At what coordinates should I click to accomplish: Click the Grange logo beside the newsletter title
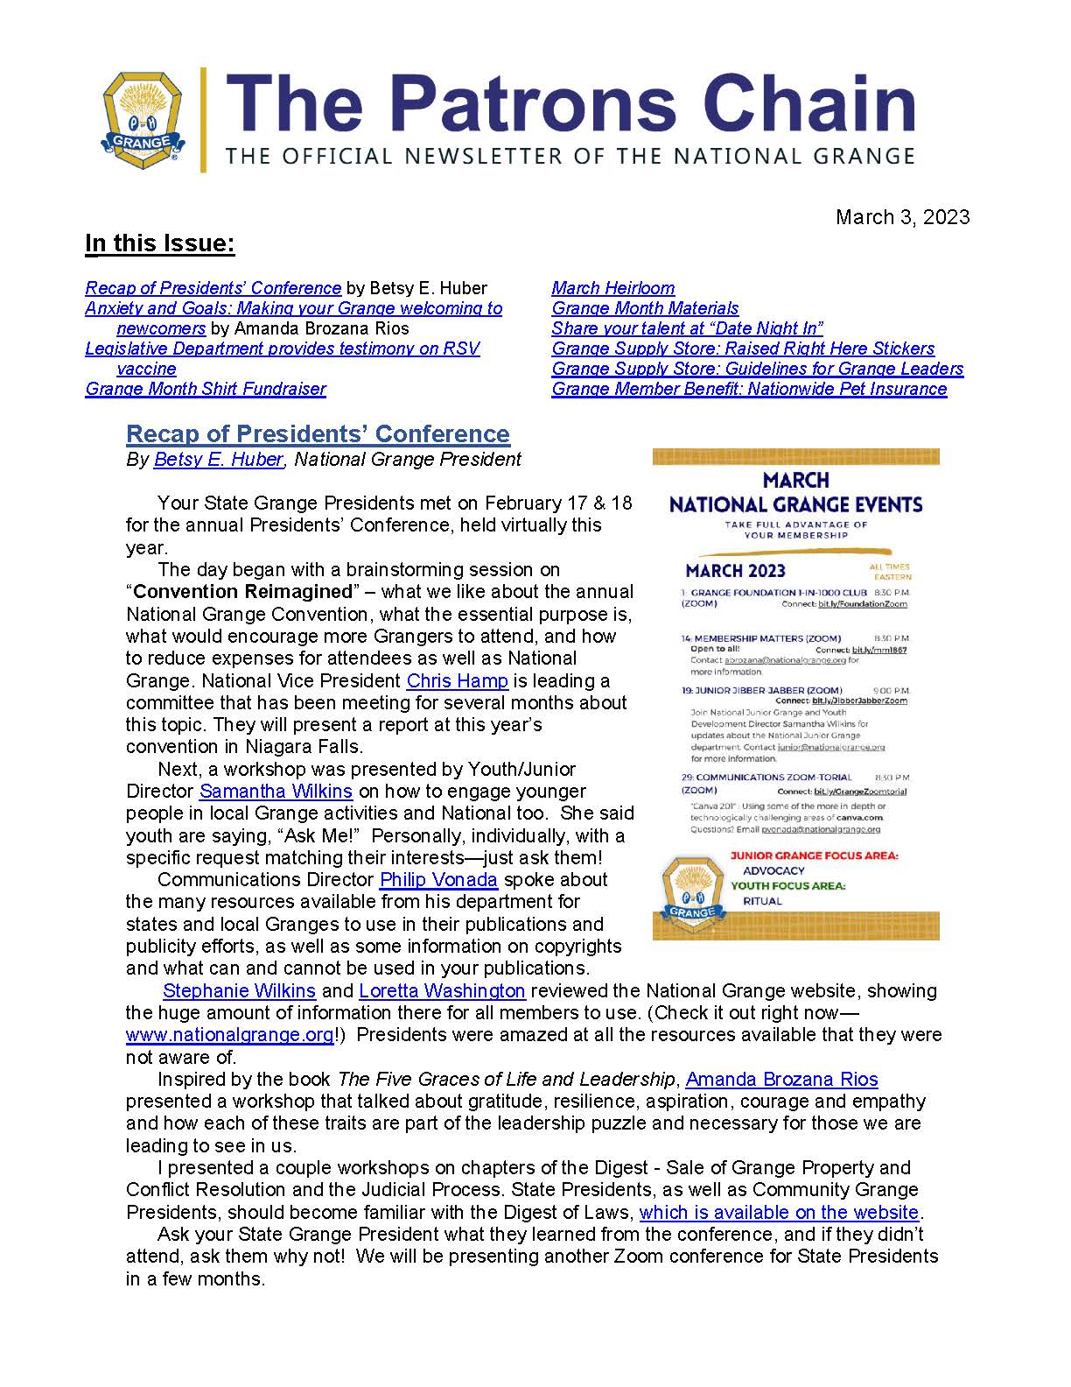click(x=142, y=120)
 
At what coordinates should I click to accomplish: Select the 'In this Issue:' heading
click(x=159, y=243)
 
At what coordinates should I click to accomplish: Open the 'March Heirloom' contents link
click(x=612, y=288)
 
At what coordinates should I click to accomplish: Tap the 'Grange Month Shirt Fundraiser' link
click(x=206, y=389)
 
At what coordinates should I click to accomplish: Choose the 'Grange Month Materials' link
click(x=645, y=308)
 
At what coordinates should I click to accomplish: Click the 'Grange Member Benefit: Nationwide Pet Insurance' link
click(x=749, y=389)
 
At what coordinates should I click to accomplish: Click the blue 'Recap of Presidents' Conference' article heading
click(x=318, y=434)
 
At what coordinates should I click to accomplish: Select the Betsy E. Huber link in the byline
click(x=218, y=459)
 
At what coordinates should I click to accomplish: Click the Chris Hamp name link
click(x=457, y=680)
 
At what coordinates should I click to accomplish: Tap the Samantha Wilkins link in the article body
click(x=276, y=791)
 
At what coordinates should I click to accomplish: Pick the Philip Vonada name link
click(x=438, y=879)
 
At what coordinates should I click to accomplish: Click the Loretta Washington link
click(x=442, y=990)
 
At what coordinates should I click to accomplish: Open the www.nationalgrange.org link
click(x=229, y=1035)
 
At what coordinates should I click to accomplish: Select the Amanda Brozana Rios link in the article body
click(x=781, y=1079)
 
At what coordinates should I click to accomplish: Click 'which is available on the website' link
click(x=779, y=1212)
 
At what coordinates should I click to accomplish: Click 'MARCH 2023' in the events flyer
click(x=735, y=571)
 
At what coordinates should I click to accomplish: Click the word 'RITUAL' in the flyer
click(x=762, y=901)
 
